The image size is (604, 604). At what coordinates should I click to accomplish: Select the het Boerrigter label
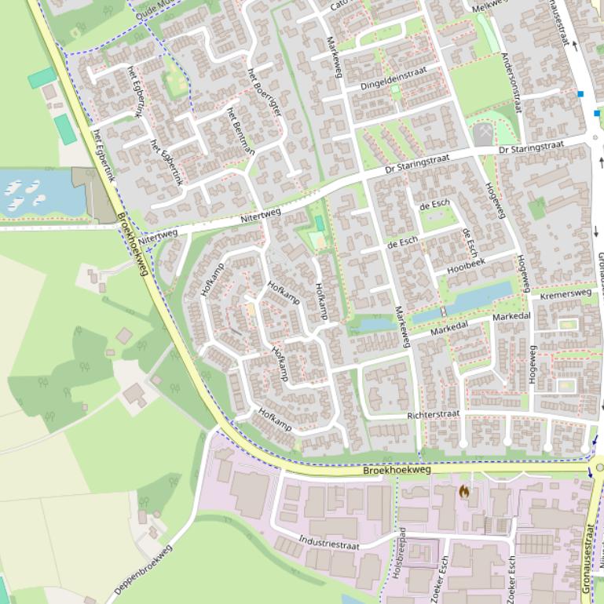264,92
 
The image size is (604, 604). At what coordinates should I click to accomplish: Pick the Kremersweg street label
566,293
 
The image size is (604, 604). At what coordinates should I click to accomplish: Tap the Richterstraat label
433,413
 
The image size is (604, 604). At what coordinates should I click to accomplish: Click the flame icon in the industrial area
464,492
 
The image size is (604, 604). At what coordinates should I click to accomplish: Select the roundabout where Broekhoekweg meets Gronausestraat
599,468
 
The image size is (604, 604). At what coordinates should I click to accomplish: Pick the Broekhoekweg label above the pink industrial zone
397,470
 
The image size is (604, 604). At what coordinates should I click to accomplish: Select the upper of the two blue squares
580,94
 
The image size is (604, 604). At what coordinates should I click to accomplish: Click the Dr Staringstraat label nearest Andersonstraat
531,147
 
